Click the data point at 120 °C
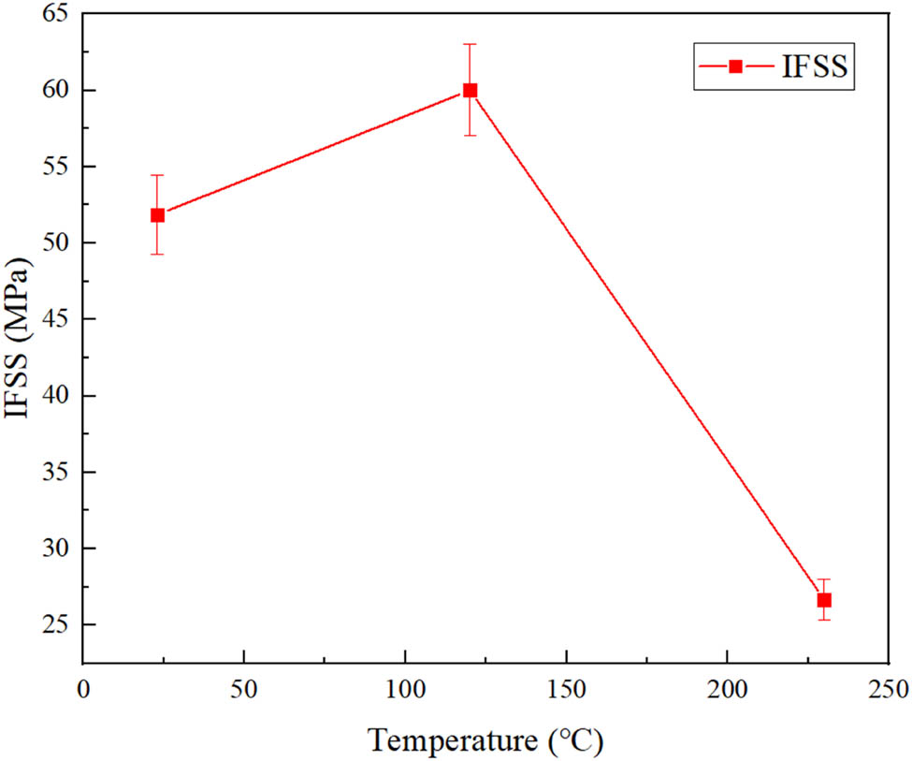click(x=470, y=90)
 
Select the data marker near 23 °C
click(x=157, y=215)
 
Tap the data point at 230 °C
click(x=824, y=600)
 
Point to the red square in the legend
click(x=736, y=66)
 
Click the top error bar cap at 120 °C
click(x=470, y=44)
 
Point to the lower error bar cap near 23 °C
click(x=157, y=254)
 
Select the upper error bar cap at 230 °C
click(x=824, y=579)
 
